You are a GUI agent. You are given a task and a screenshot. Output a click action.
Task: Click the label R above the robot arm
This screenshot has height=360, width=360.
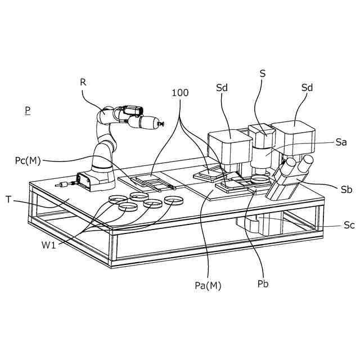tap(83, 82)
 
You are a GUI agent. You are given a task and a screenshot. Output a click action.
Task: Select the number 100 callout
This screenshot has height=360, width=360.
tap(181, 93)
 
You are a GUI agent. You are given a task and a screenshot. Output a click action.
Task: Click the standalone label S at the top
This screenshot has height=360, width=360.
tap(263, 73)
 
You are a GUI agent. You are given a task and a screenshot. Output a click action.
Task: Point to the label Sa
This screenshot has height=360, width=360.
tap(340, 143)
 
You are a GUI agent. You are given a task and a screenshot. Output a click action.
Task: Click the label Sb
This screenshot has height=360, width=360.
tap(346, 190)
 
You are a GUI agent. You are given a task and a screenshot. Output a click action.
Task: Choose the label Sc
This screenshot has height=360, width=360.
tap(349, 225)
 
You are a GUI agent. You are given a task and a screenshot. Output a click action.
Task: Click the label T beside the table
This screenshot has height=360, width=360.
tap(9, 199)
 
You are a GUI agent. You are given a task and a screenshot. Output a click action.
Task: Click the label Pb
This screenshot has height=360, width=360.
tap(262, 283)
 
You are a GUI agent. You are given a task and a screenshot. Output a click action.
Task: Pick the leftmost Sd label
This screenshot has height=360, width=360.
tap(223, 88)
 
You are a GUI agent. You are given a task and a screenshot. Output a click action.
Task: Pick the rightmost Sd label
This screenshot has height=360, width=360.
tap(307, 88)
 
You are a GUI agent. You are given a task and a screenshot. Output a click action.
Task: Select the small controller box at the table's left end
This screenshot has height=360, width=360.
tap(86, 180)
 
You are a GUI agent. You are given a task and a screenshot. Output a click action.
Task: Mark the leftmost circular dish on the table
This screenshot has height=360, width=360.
tap(118, 200)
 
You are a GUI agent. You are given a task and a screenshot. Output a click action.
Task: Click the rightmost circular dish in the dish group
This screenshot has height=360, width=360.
tap(174, 200)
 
